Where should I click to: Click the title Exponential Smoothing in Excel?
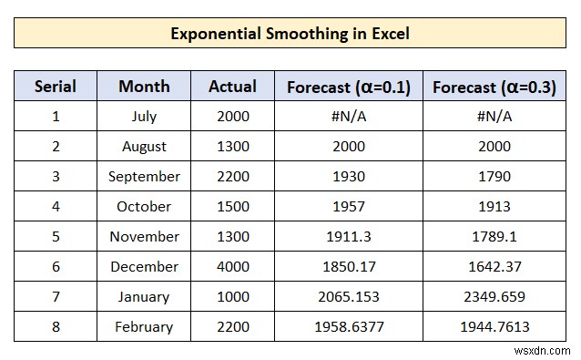pos(290,34)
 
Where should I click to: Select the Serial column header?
pos(55,87)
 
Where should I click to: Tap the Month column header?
pos(144,87)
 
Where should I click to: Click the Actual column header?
pos(232,87)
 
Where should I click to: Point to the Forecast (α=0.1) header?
pos(348,87)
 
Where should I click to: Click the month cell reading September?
pos(144,176)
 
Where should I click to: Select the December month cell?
pos(144,266)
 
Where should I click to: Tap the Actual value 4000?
pos(232,266)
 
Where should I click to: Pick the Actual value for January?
pos(232,296)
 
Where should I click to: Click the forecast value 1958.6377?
pos(348,326)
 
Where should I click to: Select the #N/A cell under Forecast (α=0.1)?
pos(348,116)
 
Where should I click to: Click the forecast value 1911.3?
pos(348,236)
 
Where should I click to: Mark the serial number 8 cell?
pos(55,326)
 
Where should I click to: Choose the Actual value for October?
pos(232,206)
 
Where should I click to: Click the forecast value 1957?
pos(348,206)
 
